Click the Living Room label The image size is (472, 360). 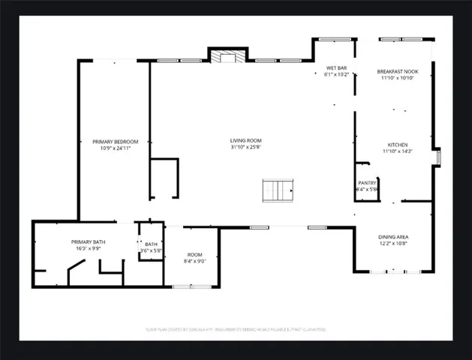[245, 140]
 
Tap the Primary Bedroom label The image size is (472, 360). [115, 141]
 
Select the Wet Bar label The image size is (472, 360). [336, 68]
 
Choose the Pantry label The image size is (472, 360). [366, 183]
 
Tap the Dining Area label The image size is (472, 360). [393, 237]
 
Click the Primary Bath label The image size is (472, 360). [89, 241]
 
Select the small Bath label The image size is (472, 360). [151, 244]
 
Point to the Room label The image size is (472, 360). [194, 254]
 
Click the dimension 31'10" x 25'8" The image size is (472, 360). [245, 148]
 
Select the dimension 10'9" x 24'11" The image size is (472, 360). [115, 148]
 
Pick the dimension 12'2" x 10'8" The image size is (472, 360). [393, 244]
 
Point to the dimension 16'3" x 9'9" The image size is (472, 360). [89, 248]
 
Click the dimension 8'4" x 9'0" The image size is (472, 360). [194, 261]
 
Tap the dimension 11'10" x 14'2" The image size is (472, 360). [397, 151]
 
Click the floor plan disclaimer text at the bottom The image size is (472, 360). [236, 329]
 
